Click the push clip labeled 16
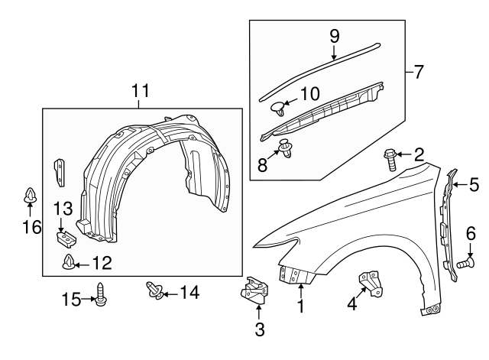pyautogui.click(x=29, y=196)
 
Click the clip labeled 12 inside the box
pyautogui.click(x=70, y=264)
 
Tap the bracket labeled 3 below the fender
pyautogui.click(x=257, y=294)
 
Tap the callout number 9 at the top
pyautogui.click(x=334, y=34)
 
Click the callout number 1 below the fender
pyautogui.click(x=300, y=307)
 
